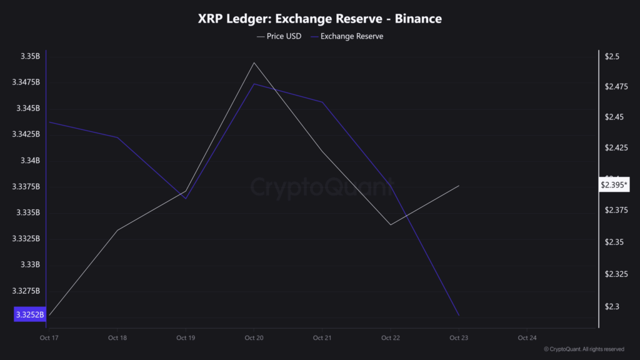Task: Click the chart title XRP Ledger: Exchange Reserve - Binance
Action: tap(319, 19)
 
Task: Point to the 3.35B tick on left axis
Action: tap(29, 56)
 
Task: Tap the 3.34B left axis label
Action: tap(29, 161)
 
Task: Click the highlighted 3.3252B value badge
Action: tap(29, 314)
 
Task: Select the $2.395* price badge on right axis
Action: tap(614, 185)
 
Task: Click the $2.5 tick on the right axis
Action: tap(612, 56)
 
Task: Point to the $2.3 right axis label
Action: tap(612, 306)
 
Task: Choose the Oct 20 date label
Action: tap(254, 338)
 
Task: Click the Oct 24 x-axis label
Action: tap(527, 338)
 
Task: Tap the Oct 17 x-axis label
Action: tap(49, 338)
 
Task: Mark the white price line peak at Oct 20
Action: tap(254, 62)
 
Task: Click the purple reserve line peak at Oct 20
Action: tap(254, 84)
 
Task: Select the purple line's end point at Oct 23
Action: tap(459, 315)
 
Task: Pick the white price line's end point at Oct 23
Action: tap(459, 186)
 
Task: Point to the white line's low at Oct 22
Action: tap(391, 224)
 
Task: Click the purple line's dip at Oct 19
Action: tap(186, 199)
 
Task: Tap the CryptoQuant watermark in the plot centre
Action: tap(322, 186)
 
